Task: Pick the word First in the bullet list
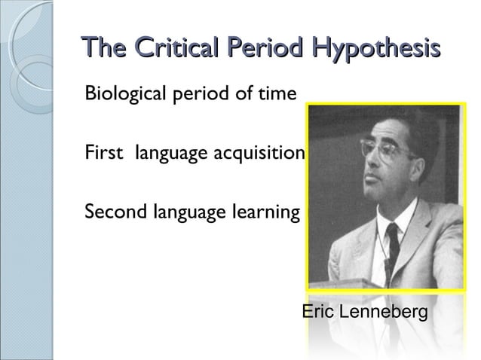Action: (x=104, y=154)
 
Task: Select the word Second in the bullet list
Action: (x=111, y=213)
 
